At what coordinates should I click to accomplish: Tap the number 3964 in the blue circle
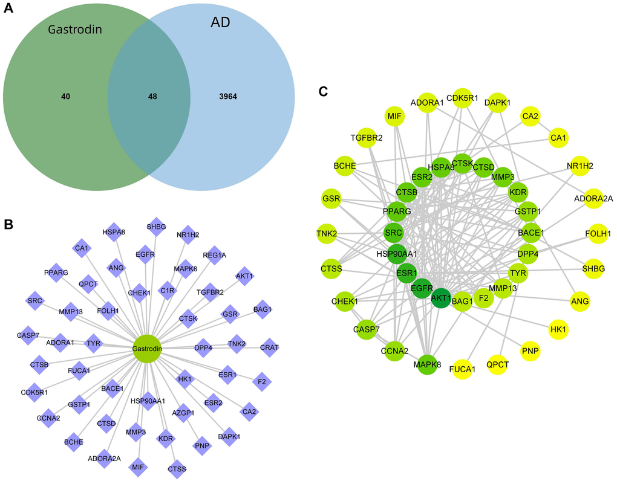[x=230, y=96]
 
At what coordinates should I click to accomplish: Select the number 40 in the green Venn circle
[x=65, y=96]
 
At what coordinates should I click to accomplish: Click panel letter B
[x=8, y=224]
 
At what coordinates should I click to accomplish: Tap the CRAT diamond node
[x=270, y=347]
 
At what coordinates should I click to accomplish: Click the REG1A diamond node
[x=214, y=255]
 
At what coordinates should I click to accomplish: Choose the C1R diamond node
[x=167, y=290]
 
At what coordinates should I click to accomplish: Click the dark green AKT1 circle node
[x=441, y=298]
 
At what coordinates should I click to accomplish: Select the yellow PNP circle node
[x=530, y=350]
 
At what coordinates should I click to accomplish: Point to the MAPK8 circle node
[x=427, y=364]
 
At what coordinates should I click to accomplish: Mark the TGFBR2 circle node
[x=366, y=138]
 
